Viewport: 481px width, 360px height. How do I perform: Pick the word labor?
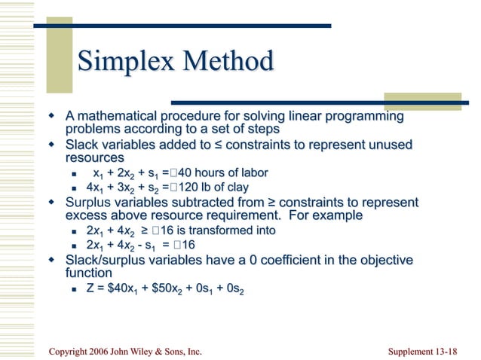tap(252, 173)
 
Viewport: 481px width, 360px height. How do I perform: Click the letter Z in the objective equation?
tap(90, 288)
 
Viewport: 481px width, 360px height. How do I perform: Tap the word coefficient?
tap(289, 260)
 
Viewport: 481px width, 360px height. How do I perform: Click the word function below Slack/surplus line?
tap(89, 273)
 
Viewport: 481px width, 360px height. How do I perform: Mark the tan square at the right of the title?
tap(406, 102)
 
